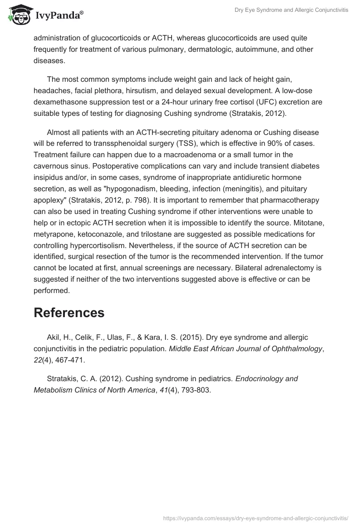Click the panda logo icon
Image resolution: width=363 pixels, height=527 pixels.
pyautogui.click(x=19, y=15)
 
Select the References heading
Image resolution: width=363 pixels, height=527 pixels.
pyautogui.click(x=69, y=313)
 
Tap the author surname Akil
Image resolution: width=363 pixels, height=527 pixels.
pyautogui.click(x=53, y=337)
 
